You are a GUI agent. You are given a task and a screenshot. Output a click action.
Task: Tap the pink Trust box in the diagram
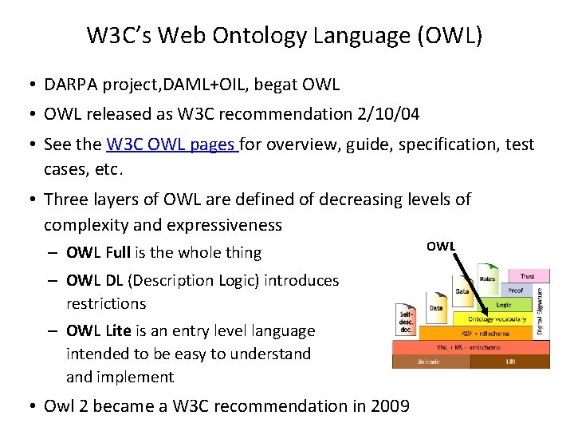pyautogui.click(x=527, y=276)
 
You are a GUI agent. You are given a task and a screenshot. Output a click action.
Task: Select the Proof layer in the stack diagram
pyautogui.click(x=515, y=291)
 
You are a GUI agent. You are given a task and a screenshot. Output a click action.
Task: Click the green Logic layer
pyautogui.click(x=504, y=305)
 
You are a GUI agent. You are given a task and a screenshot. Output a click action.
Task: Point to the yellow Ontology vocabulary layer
pyautogui.click(x=497, y=318)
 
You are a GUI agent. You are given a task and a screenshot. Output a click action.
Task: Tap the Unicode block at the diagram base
pyautogui.click(x=430, y=362)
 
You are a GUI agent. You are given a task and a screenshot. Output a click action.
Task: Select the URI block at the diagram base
pyautogui.click(x=509, y=362)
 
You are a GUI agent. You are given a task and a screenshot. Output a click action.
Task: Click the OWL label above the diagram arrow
pyautogui.click(x=441, y=246)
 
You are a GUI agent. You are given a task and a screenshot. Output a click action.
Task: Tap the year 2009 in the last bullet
pyautogui.click(x=390, y=405)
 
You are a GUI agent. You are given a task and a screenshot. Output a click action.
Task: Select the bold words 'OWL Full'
pyautogui.click(x=98, y=252)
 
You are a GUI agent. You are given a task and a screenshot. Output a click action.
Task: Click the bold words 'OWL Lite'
pyautogui.click(x=97, y=330)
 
